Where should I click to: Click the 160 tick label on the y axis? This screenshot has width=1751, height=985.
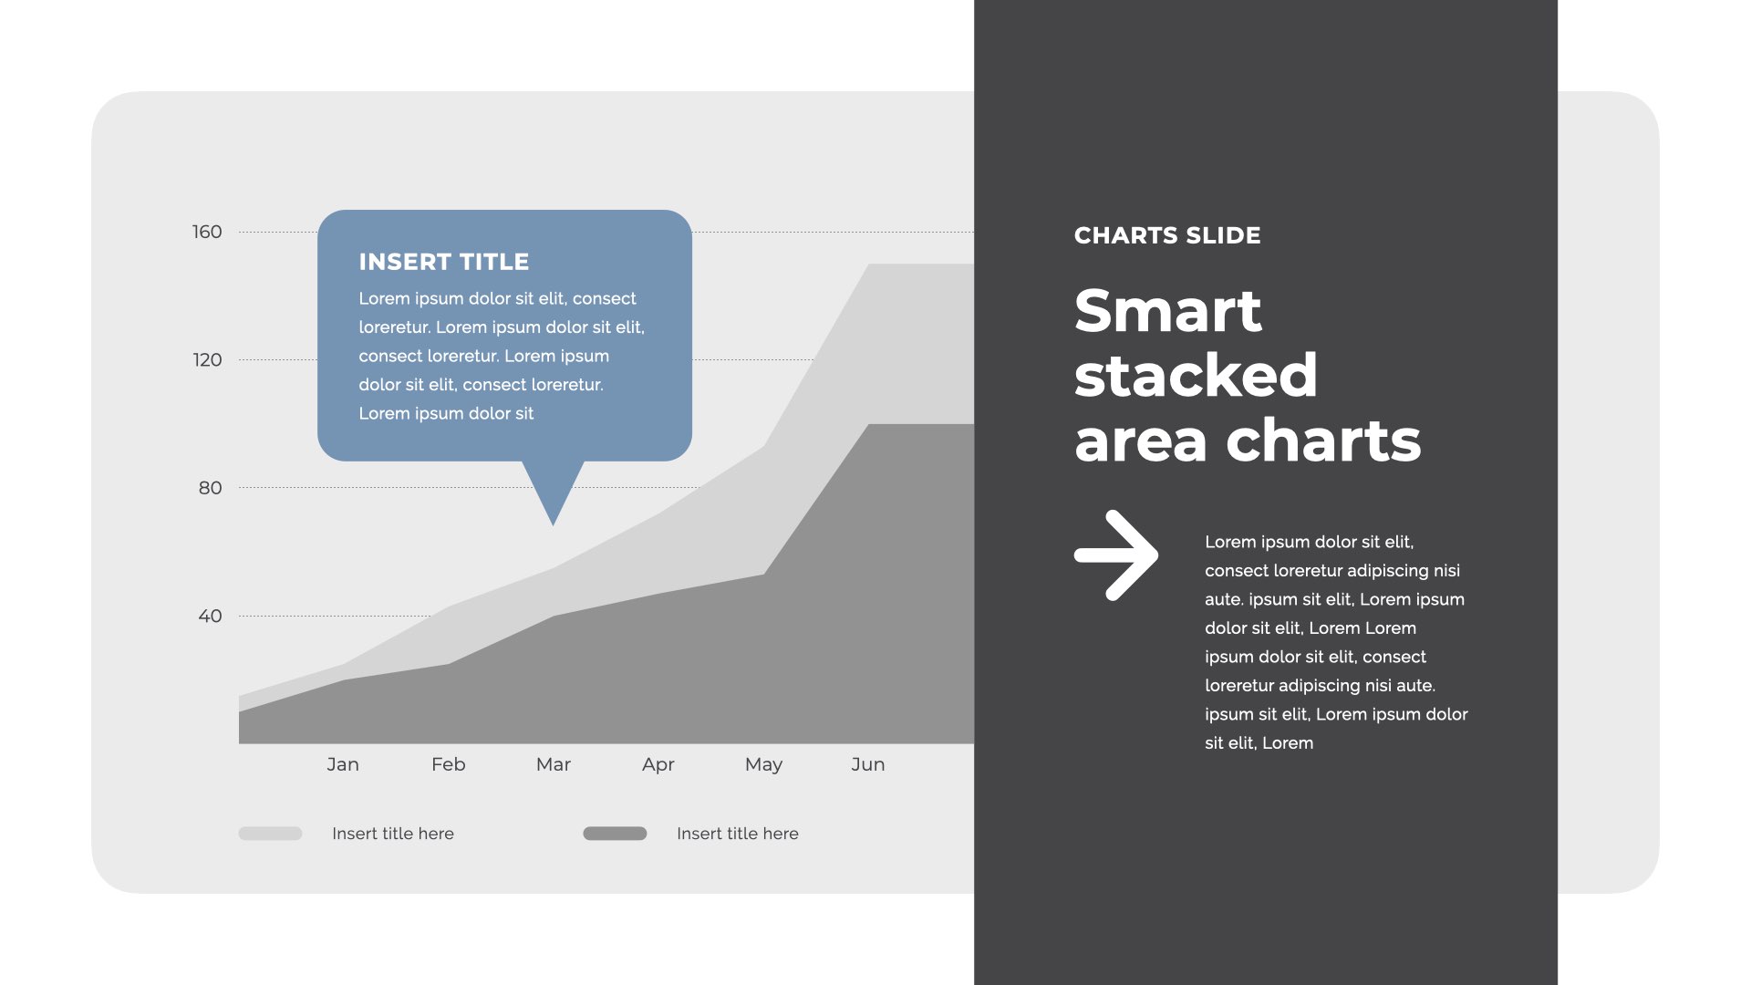point(207,232)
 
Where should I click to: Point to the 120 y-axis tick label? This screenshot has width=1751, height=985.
point(207,360)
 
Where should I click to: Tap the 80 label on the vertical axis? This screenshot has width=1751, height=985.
point(210,488)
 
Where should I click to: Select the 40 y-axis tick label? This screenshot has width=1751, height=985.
point(210,616)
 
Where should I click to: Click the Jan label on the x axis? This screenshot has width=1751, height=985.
point(343,764)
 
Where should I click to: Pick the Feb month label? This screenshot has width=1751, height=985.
point(448,764)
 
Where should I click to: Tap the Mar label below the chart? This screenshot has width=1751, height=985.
point(553,764)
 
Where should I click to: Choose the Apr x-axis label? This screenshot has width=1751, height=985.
point(658,764)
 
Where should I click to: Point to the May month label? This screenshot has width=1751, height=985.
point(763,764)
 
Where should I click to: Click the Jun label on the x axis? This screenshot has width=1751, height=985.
point(867,764)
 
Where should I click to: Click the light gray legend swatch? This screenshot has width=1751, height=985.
point(270,834)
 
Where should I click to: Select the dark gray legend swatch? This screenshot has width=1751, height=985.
point(615,834)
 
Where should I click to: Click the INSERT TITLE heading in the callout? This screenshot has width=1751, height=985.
point(444,262)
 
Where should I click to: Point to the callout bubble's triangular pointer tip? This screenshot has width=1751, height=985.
point(553,525)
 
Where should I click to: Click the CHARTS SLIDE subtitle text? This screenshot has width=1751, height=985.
point(1167,235)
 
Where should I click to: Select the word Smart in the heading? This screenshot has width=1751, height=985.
point(1168,311)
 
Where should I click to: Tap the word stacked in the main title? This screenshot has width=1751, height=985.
point(1196,375)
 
